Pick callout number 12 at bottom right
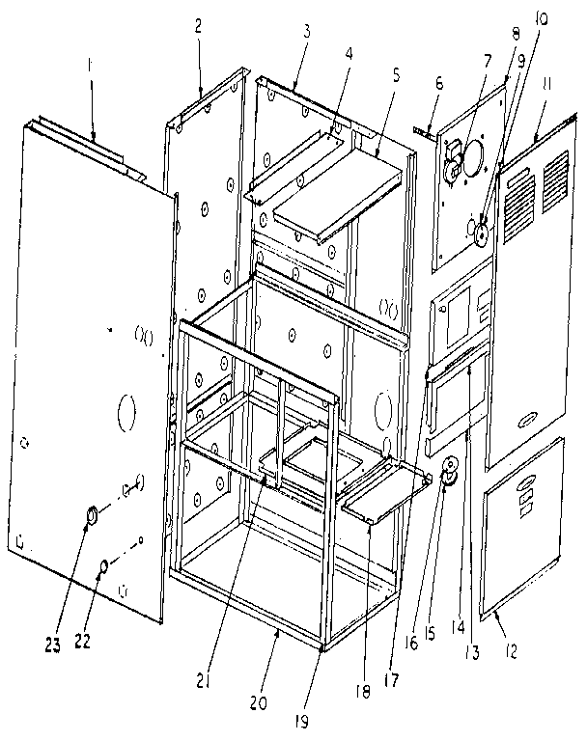pyautogui.click(x=511, y=652)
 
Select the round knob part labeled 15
pyautogui.click(x=448, y=475)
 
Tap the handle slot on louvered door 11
pyautogui.click(x=529, y=419)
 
